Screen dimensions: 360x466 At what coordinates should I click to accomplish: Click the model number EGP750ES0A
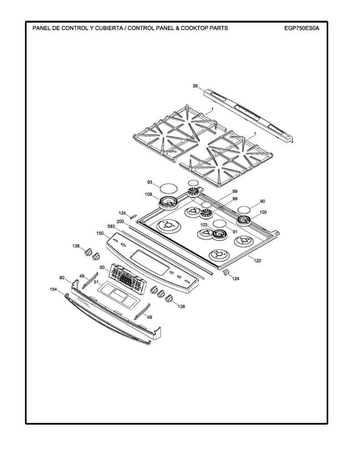[x=302, y=28]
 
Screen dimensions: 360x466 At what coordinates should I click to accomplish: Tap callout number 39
[x=195, y=86]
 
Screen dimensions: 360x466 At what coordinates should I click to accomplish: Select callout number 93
[x=150, y=182]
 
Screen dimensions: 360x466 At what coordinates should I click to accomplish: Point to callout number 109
[x=148, y=195]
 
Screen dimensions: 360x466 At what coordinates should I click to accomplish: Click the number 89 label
[x=235, y=192]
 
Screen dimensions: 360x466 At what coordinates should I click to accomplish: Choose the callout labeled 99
[x=235, y=198]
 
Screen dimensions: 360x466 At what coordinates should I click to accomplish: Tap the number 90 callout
[x=263, y=201]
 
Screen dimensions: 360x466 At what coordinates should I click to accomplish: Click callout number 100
[x=263, y=212]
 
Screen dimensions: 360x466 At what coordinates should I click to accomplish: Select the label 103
[x=203, y=225]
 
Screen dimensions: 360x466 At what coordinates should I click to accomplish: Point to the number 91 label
[x=235, y=232]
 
